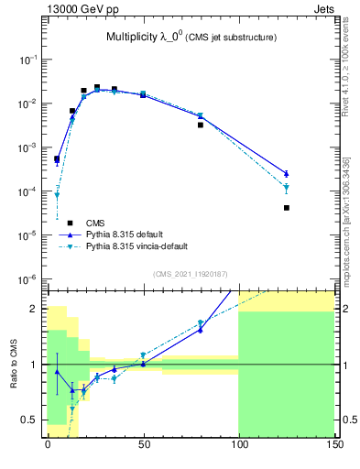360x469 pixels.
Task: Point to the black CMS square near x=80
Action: [x=200, y=125]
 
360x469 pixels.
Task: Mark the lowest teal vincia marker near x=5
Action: [x=57, y=195]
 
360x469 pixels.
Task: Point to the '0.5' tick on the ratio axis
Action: [x=29, y=420]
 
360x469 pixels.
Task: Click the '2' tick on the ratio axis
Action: [x=35, y=309]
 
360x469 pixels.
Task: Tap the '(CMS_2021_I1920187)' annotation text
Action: [x=191, y=273]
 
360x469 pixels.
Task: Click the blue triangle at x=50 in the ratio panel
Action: [x=143, y=364]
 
